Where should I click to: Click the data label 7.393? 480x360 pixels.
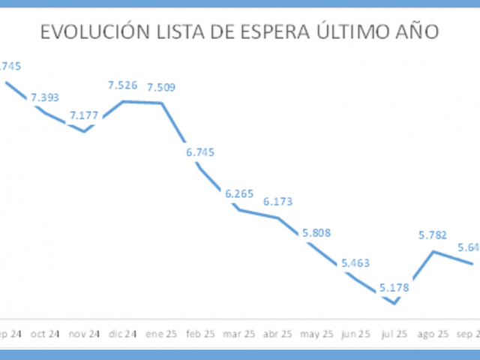[x=45, y=97]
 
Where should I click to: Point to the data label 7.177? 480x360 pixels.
[x=84, y=115]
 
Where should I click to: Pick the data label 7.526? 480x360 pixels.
[x=123, y=85]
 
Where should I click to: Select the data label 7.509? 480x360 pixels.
[x=161, y=88]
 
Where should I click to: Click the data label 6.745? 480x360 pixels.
[x=200, y=152]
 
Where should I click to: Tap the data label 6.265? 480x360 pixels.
[x=239, y=194]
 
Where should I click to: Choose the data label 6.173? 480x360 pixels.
[x=278, y=202]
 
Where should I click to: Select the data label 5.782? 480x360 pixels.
[x=433, y=235]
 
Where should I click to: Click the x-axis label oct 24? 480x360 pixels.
[x=45, y=334]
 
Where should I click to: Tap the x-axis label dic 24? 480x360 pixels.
[x=123, y=334]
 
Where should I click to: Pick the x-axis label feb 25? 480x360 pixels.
[x=200, y=334]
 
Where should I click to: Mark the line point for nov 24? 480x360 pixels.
[x=84, y=131]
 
